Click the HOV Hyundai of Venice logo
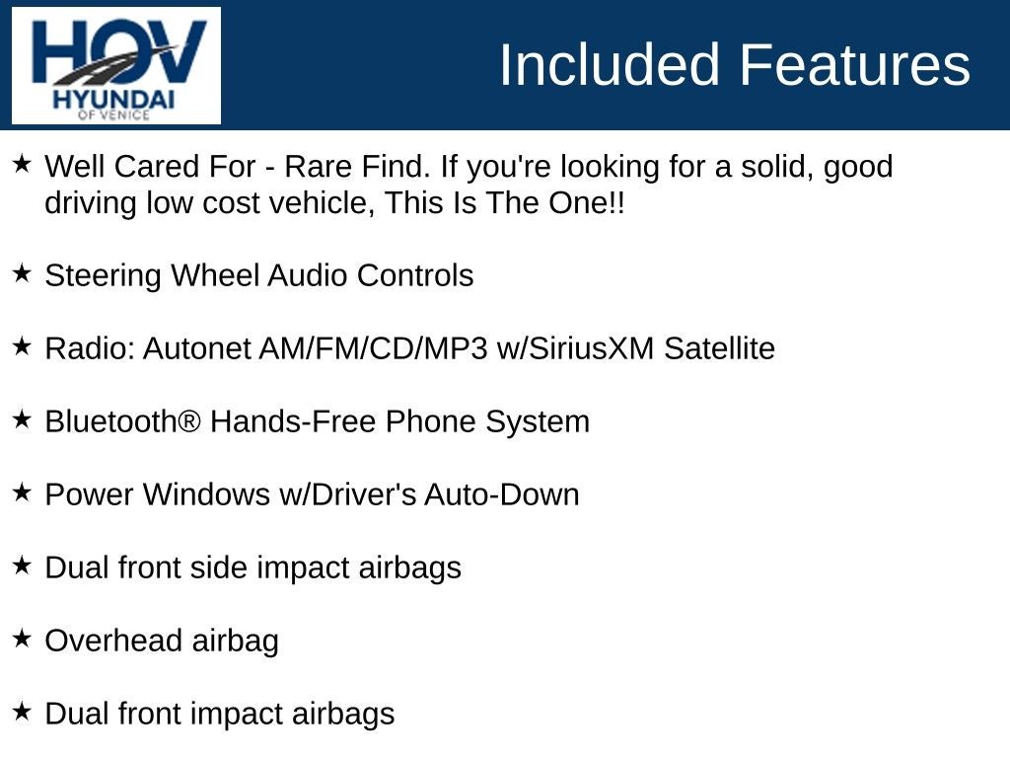[116, 65]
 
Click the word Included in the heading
[610, 64]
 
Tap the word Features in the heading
[855, 64]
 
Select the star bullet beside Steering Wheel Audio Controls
[22, 273]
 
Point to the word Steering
[103, 276]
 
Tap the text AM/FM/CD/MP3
[374, 348]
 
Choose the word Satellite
[719, 348]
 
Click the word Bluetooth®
[123, 421]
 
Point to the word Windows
[206, 495]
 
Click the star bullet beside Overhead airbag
[22, 639]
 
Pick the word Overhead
[113, 641]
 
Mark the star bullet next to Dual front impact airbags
[22, 712]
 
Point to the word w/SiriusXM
[575, 348]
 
